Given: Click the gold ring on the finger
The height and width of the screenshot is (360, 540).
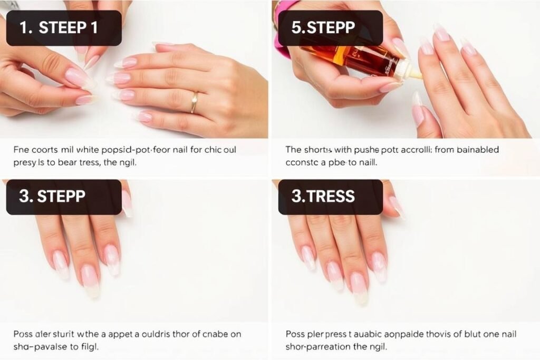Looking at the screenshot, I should pos(195,102).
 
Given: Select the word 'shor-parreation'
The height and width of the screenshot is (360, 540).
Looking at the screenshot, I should pos(318,347).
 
